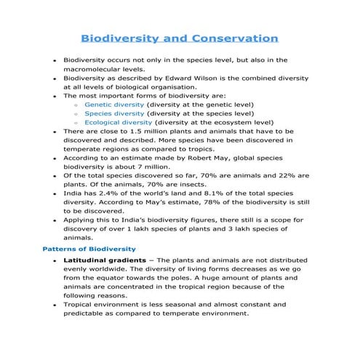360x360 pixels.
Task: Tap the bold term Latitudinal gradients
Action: [106, 260]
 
